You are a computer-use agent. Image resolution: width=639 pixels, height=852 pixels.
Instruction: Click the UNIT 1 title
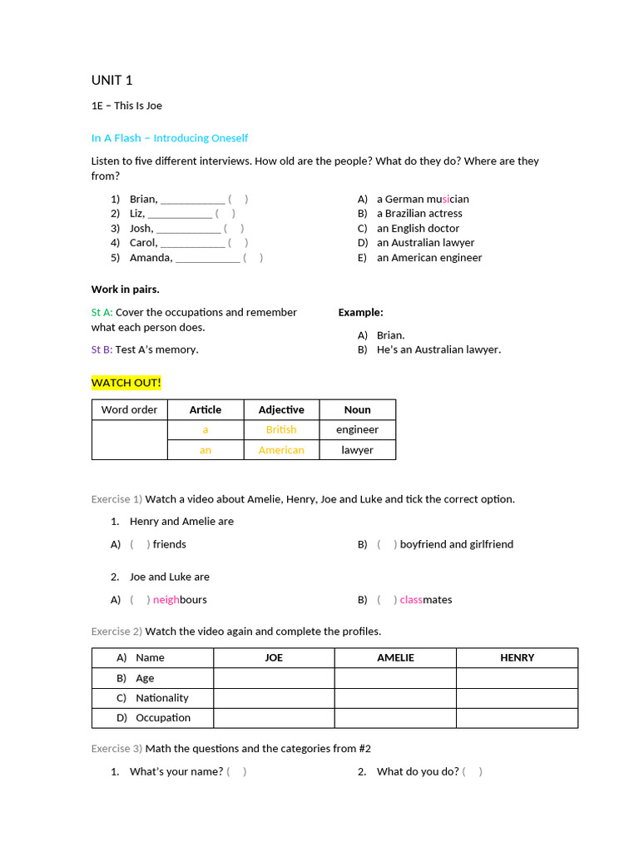[111, 81]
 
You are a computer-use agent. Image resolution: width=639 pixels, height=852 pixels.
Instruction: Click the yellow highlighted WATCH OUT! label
[126, 383]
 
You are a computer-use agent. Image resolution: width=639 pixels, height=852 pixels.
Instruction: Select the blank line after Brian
[192, 200]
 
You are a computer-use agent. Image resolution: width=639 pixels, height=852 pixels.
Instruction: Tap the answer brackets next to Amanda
[253, 258]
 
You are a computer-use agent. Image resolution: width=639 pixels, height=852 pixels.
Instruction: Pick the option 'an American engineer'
[428, 258]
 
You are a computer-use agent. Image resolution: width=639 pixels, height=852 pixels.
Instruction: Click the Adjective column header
[281, 409]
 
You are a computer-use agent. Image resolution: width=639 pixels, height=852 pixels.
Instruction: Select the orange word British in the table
[281, 429]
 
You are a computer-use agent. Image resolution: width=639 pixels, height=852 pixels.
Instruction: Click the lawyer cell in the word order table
[357, 450]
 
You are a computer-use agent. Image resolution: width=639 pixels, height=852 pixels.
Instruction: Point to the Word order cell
[129, 409]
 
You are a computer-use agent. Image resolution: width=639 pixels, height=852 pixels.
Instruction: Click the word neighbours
[180, 600]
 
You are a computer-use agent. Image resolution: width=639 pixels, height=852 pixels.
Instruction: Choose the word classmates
[425, 600]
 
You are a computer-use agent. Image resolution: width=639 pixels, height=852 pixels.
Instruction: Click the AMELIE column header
[395, 657]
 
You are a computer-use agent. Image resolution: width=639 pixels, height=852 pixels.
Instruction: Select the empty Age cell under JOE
[274, 678]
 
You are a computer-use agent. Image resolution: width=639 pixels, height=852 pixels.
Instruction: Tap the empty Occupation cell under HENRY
[517, 718]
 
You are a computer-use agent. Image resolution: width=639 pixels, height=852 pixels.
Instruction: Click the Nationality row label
[161, 698]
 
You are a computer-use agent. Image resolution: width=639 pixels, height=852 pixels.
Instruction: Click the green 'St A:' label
[102, 313]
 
